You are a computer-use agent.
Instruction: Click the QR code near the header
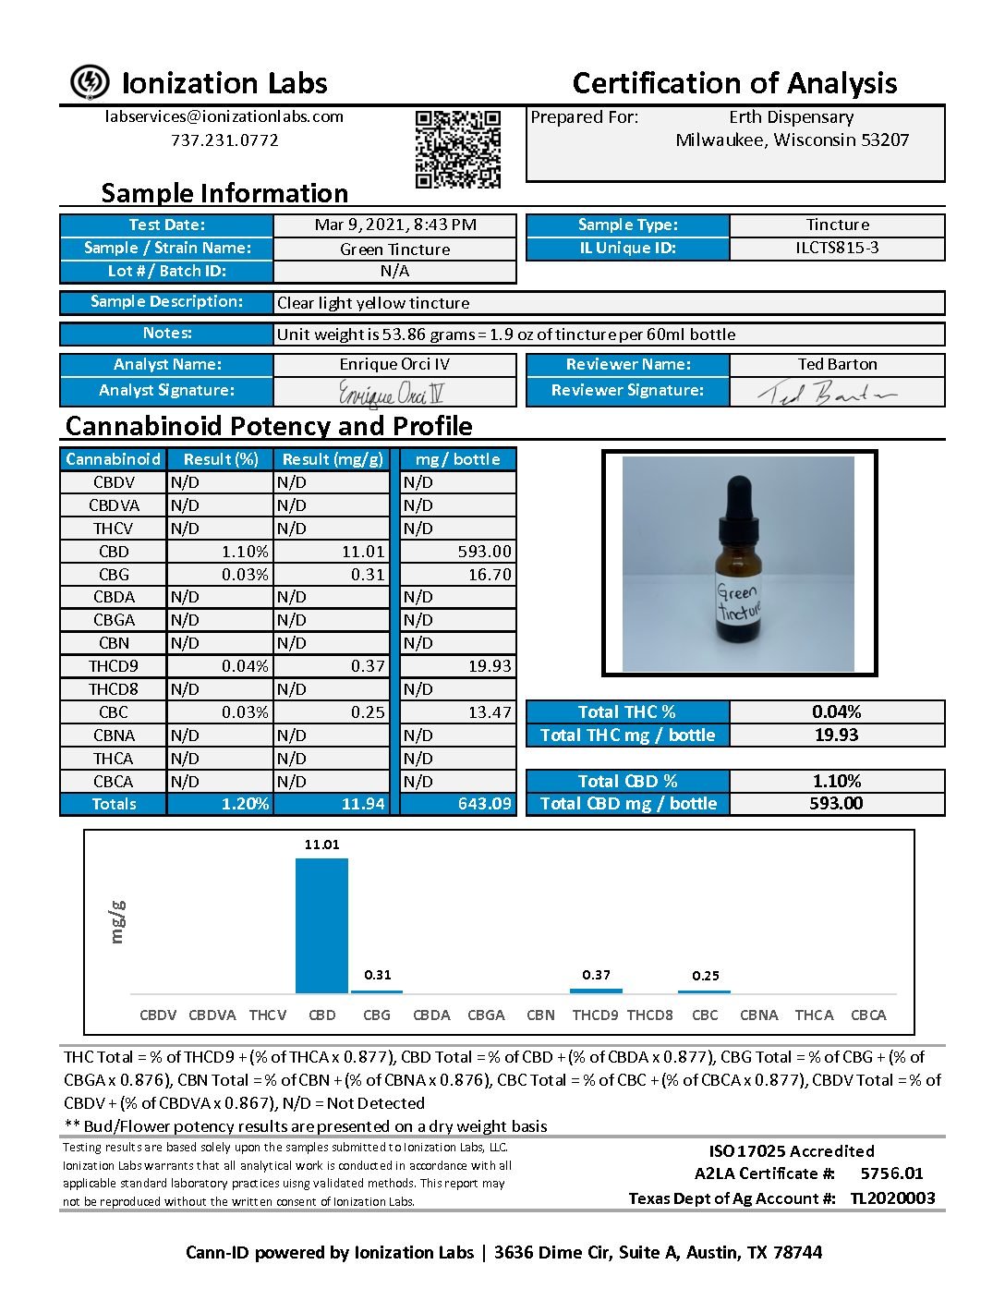tap(457, 148)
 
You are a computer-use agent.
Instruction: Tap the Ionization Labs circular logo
tap(90, 82)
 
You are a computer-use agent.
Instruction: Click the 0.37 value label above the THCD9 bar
tap(596, 975)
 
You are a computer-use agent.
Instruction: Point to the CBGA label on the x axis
tap(486, 1015)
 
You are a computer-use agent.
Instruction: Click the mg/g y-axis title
tap(117, 921)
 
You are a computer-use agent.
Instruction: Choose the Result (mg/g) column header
tap(333, 459)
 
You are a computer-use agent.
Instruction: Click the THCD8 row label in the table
tap(113, 689)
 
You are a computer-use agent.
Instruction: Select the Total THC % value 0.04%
tap(836, 711)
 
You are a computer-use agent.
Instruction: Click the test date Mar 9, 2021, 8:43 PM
tap(395, 225)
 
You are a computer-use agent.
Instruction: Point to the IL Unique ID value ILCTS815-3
tap(837, 248)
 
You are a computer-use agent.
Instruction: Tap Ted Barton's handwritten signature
tap(826, 395)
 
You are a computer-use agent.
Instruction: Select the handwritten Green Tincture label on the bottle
tap(738, 602)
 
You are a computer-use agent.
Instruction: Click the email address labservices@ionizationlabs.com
tap(224, 116)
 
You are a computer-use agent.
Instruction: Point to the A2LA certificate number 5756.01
tap(891, 1173)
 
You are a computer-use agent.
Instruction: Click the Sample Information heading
tap(224, 193)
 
